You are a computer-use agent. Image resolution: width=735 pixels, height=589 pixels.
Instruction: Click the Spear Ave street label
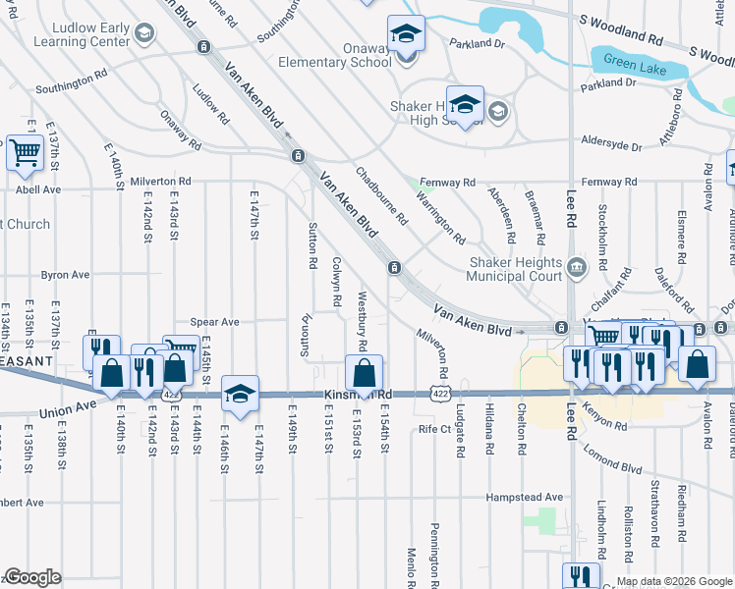coord(215,321)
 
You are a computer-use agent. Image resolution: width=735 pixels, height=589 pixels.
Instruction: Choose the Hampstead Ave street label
coord(524,498)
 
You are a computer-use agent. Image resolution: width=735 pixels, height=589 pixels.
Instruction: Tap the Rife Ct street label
coord(433,429)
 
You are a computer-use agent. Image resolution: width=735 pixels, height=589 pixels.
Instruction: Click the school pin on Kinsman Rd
coord(240,393)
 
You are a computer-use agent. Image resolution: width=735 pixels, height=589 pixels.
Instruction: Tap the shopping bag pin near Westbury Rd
coord(364,373)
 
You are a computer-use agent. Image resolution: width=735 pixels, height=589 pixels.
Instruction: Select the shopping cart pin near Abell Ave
coord(25,152)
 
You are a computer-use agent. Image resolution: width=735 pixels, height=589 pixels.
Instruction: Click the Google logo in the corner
coord(32,577)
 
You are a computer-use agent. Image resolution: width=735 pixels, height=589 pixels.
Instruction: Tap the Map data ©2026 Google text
coord(674,580)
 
